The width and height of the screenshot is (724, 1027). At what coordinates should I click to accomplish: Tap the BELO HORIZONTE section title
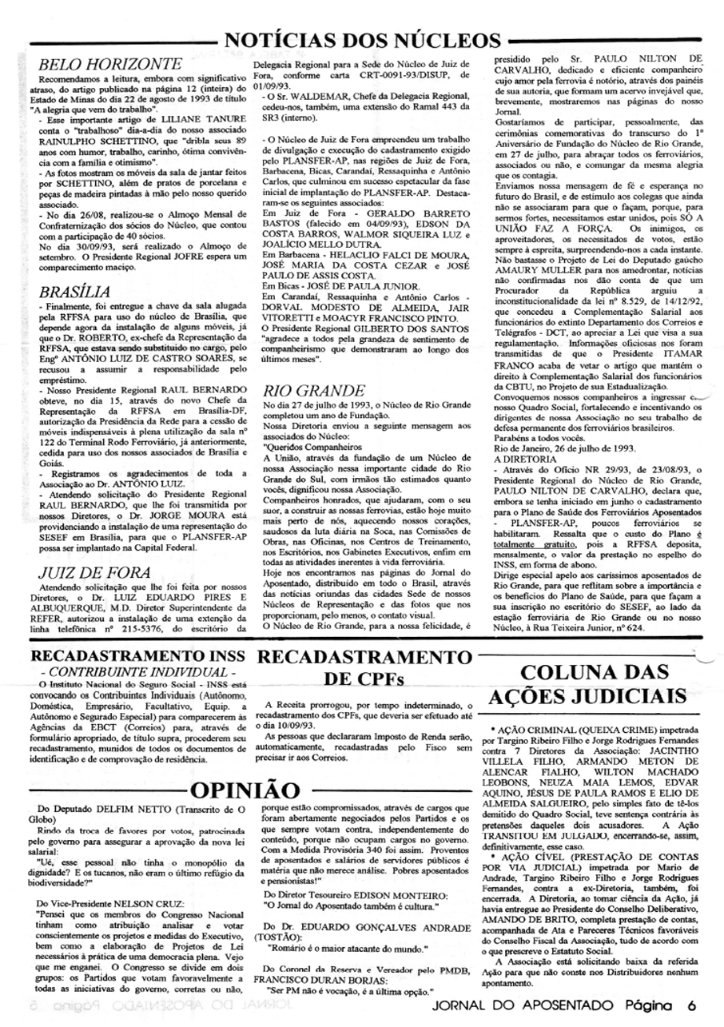coord(110,64)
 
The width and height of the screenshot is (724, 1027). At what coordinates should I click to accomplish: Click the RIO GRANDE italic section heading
coord(313,390)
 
